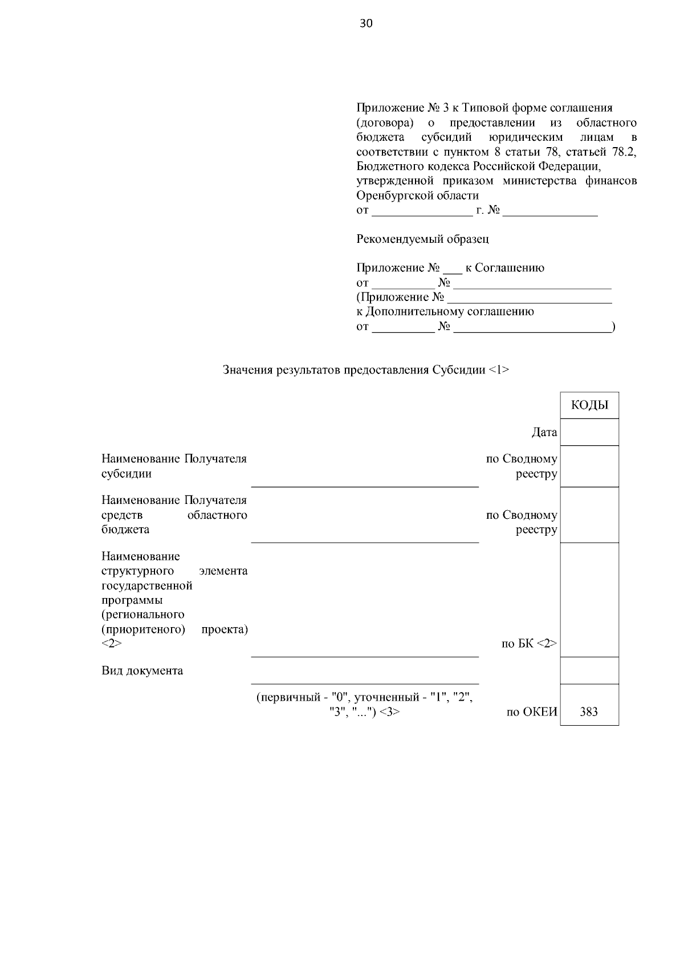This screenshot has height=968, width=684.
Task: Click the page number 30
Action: click(x=366, y=23)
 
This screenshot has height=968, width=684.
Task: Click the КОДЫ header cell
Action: click(x=589, y=405)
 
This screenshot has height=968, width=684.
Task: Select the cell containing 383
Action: click(x=589, y=711)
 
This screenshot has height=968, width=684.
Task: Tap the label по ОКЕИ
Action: click(x=531, y=711)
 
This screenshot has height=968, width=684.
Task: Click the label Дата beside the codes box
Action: click(x=544, y=433)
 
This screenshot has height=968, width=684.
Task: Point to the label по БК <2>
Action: click(x=528, y=644)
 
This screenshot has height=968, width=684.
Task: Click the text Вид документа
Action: click(x=142, y=670)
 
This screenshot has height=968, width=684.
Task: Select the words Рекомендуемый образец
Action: click(x=422, y=239)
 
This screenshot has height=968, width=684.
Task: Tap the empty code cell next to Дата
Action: click(x=589, y=432)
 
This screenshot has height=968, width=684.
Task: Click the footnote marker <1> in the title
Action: click(x=499, y=370)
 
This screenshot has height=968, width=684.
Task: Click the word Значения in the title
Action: click(x=248, y=370)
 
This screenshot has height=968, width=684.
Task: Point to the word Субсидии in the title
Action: click(x=459, y=370)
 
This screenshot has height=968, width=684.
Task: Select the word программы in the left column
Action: click(x=132, y=600)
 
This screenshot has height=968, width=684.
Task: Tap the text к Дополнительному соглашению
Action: click(x=445, y=312)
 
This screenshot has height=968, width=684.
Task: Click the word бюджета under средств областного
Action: click(x=125, y=530)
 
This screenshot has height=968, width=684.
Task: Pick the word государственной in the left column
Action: click(x=147, y=585)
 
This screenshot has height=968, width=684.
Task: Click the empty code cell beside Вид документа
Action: click(x=589, y=670)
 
